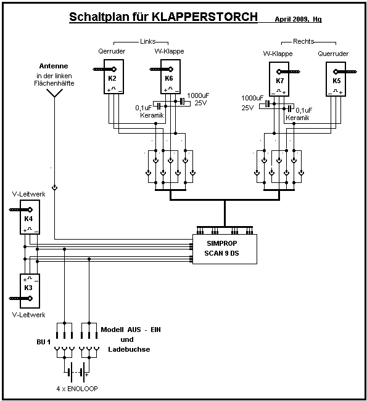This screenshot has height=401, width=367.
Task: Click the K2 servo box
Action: pyautogui.click(x=113, y=77)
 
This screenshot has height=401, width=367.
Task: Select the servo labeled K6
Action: pyautogui.click(x=170, y=77)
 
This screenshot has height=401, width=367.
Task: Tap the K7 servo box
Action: pyautogui.click(x=279, y=79)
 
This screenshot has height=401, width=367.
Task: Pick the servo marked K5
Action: pyautogui.click(x=336, y=79)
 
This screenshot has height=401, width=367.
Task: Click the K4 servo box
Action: pyautogui.click(x=30, y=217)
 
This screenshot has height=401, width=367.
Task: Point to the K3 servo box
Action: pyautogui.click(x=30, y=291)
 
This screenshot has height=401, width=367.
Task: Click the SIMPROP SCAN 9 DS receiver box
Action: pyautogui.click(x=225, y=249)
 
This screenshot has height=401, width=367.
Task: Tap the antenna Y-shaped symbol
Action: pyautogui.click(x=54, y=93)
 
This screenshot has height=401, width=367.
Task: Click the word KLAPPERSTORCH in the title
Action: pyautogui.click(x=205, y=17)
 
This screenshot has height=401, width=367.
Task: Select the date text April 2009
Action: pyautogui.click(x=291, y=19)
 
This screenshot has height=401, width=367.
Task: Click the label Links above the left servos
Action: pyautogui.click(x=148, y=41)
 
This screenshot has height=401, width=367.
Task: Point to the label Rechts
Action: pyautogui.click(x=303, y=41)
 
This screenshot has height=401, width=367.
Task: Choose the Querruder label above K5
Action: pyautogui.click(x=333, y=54)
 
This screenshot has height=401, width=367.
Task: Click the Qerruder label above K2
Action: pyautogui.click(x=112, y=51)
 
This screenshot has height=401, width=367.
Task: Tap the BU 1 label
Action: pyautogui.click(x=44, y=342)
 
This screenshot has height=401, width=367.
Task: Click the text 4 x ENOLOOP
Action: pyautogui.click(x=77, y=389)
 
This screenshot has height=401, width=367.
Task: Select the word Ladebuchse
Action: pyautogui.click(x=129, y=349)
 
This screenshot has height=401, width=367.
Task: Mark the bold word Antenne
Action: pyautogui.click(x=54, y=66)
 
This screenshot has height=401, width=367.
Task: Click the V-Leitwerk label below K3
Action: pyautogui.click(x=29, y=315)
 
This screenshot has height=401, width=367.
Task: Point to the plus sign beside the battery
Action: pyautogui.click(x=86, y=375)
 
